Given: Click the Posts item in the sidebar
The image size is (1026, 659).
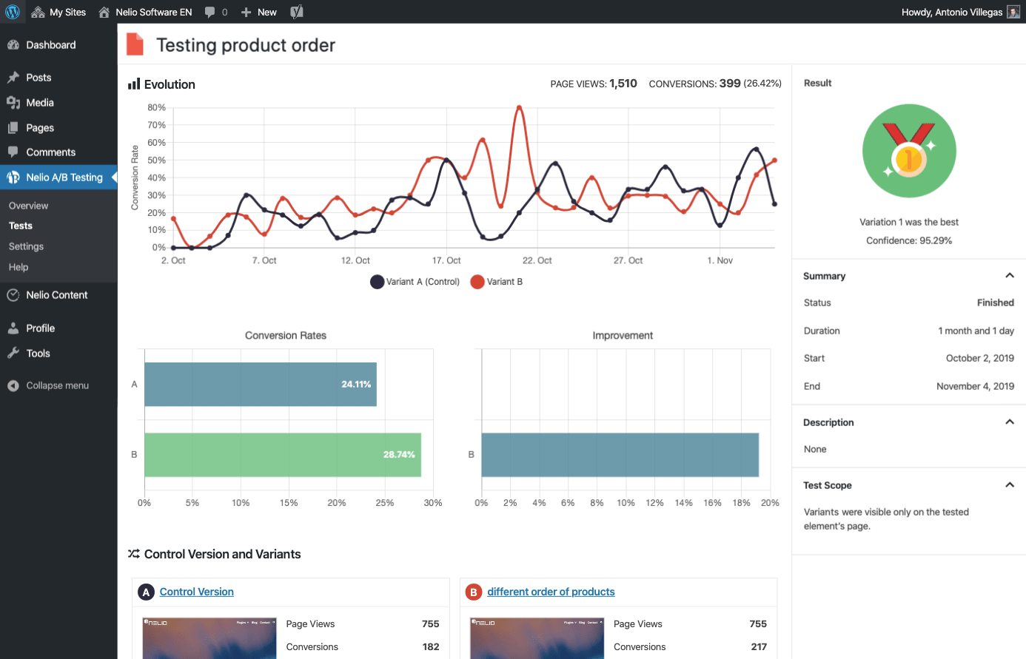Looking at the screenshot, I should (38, 78).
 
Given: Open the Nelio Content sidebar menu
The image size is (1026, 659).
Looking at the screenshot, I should (56, 295).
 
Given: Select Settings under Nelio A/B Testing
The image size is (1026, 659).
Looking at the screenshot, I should (26, 246).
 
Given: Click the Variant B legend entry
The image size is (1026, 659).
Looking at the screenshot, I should (497, 282).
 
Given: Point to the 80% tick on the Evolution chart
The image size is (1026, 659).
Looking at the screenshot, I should (157, 107).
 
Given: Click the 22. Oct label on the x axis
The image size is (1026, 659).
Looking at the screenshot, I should (537, 260).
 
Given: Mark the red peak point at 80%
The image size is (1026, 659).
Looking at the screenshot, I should (520, 108).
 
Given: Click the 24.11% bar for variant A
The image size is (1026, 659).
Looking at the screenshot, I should (260, 385).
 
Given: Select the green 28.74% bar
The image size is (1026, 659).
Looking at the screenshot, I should (282, 455).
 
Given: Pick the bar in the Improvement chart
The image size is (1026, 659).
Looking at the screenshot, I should (620, 455).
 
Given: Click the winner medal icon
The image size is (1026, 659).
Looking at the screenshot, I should (909, 151).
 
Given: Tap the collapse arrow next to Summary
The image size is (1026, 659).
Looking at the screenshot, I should (1009, 276).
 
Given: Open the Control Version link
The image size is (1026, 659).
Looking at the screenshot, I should (196, 592).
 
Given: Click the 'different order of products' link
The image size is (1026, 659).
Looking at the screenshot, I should (551, 592).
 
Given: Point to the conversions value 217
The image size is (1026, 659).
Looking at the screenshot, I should (758, 646).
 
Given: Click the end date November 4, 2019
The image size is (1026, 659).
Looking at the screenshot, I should (975, 386).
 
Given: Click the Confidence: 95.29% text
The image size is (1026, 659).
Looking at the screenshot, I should (909, 240).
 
